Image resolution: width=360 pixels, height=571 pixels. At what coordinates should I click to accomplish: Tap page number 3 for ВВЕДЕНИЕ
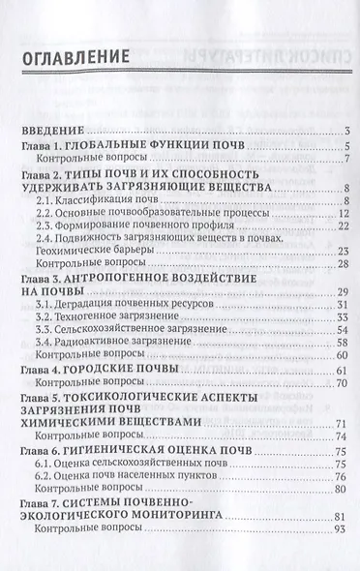345,132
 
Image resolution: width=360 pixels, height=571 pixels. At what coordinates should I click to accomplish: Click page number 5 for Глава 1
345,145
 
